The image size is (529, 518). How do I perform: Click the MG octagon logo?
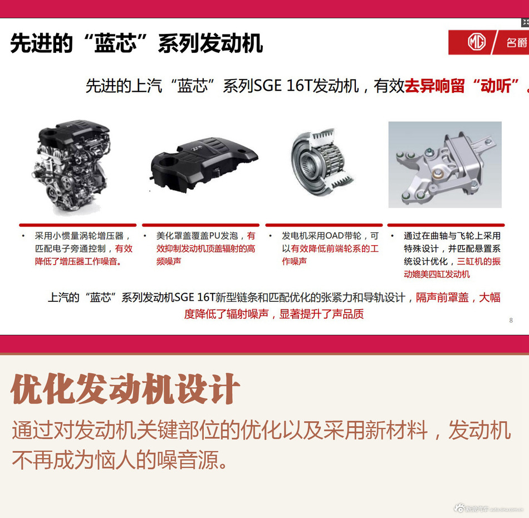(x=477, y=42)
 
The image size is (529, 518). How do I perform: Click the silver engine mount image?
(x=444, y=164)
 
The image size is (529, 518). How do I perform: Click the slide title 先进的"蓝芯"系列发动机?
(x=136, y=43)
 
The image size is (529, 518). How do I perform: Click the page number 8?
(x=511, y=320)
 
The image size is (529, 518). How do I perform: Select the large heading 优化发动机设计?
(x=125, y=389)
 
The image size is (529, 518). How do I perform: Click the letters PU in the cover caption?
(x=215, y=236)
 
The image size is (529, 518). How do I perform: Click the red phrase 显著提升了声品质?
(x=321, y=314)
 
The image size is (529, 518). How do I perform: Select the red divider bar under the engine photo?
(x=77, y=225)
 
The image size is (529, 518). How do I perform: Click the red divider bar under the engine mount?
(x=444, y=225)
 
